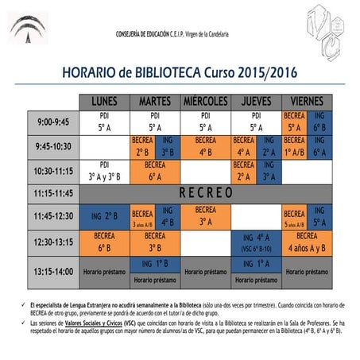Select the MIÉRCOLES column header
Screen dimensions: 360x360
pos(205,102)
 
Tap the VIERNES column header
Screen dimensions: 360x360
pos(306,102)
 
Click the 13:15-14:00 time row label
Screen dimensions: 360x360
pos(52,270)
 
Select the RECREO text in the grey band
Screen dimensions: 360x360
pos(205,192)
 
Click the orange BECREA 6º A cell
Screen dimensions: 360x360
pos(154,172)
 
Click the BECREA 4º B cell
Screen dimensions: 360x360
pos(205,146)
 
